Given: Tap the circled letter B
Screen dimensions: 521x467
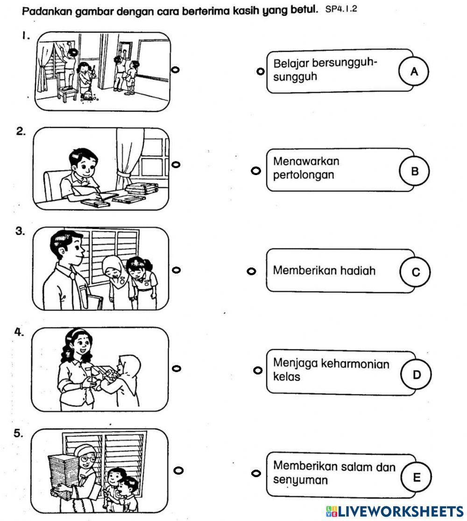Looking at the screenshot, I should click(414, 171).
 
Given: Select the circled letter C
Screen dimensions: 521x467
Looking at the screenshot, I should click(415, 272).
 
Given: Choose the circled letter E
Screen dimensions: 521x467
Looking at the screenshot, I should click(416, 477).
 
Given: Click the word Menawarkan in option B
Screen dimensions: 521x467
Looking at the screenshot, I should click(306, 162).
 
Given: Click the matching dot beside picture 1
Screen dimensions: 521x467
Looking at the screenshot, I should click(176, 70).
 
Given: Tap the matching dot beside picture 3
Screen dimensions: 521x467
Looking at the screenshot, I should click(176, 270).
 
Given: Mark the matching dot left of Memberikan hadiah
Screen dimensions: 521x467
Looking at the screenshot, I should click(251, 271).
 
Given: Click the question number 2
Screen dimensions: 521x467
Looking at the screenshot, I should click(21, 132).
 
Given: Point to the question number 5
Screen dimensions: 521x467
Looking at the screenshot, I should click(18, 433).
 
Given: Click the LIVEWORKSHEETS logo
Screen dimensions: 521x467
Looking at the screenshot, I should click(394, 510).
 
